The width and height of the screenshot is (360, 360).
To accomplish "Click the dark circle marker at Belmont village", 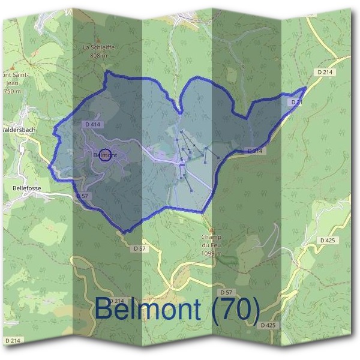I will (x=105, y=155).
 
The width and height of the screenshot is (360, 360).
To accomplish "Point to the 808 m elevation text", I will (x=98, y=55).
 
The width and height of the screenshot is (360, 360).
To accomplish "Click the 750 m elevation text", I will (x=12, y=91).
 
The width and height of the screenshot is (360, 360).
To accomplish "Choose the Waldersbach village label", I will (x=20, y=129).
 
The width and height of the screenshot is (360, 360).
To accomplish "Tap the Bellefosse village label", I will (x=25, y=188).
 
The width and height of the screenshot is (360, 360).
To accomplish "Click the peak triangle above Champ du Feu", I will (x=211, y=229).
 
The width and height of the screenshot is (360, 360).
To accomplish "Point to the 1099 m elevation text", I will (x=211, y=253).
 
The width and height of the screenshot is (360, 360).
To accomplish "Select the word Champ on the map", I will (x=211, y=237).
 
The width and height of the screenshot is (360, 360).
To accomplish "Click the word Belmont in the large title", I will (x=147, y=310).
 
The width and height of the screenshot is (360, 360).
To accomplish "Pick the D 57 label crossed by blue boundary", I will (x=83, y=196).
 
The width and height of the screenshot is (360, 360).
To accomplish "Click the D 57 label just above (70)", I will (x=226, y=292).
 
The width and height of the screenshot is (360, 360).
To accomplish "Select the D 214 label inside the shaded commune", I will (x=254, y=151).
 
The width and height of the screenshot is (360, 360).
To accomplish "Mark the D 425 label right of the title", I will (x=268, y=325).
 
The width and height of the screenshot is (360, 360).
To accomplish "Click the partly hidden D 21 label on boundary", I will (x=296, y=103).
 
